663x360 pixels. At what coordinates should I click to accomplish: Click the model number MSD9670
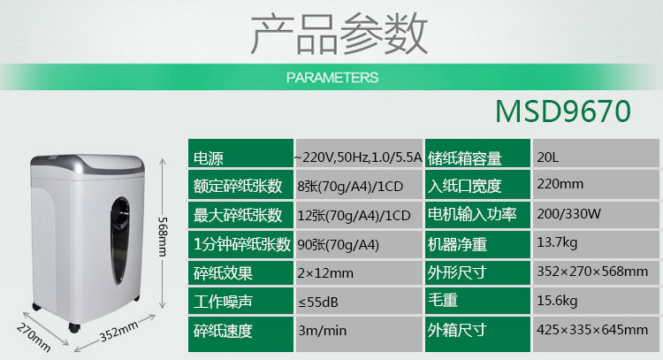(x=563, y=111)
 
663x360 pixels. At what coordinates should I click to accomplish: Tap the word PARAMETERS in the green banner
(x=332, y=78)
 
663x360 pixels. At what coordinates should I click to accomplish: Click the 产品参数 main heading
(x=339, y=33)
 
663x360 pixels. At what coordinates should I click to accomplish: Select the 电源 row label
(x=208, y=158)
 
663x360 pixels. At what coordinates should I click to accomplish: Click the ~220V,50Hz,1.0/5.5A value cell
(x=358, y=157)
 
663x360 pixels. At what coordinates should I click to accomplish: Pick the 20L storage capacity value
(x=548, y=157)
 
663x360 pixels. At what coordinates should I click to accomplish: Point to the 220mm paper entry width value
(x=560, y=184)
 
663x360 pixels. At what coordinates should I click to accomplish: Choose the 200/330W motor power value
(x=568, y=214)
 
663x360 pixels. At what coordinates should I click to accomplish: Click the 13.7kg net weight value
(x=557, y=242)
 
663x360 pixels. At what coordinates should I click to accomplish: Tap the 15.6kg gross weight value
(x=557, y=301)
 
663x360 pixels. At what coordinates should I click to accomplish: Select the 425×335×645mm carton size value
(x=592, y=330)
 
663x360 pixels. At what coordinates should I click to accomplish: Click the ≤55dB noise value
(x=318, y=302)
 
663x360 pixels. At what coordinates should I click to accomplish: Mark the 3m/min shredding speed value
(x=322, y=331)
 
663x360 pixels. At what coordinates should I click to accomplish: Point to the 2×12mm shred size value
(x=325, y=273)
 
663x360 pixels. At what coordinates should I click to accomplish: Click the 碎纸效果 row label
(x=223, y=273)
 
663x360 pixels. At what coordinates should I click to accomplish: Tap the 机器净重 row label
(x=457, y=244)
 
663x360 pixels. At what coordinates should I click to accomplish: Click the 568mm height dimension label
(x=163, y=236)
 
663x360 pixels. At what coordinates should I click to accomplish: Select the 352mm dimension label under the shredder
(x=118, y=331)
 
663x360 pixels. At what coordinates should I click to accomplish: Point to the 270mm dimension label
(x=34, y=337)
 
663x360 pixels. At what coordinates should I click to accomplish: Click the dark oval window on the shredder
(x=120, y=240)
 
